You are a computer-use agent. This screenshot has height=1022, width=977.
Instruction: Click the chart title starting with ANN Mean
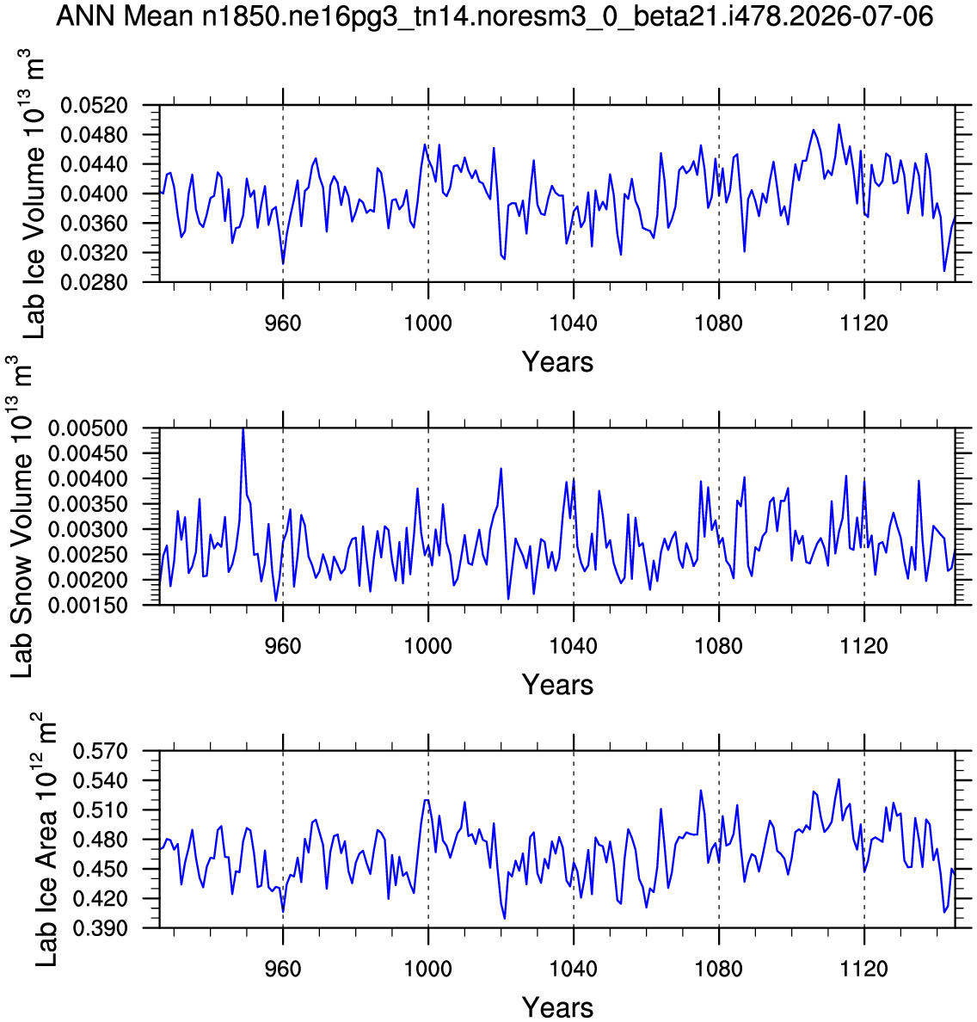tap(495, 16)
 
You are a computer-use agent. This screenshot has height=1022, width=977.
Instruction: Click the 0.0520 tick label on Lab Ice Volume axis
tap(94, 106)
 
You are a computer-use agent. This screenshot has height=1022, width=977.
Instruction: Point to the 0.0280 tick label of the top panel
tap(94, 282)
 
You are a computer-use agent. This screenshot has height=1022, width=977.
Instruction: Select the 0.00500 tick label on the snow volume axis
tap(88, 429)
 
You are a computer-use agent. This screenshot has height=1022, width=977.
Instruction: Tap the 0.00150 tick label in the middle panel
tap(88, 606)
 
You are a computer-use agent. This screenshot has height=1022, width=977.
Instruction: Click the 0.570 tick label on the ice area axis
tap(100, 752)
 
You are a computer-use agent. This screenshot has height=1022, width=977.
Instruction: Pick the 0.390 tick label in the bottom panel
tap(100, 928)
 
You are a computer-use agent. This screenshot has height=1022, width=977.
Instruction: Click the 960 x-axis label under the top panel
tap(283, 323)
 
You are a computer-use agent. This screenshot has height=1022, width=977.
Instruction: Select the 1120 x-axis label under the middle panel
tap(864, 647)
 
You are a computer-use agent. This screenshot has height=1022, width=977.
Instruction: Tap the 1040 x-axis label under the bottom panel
tap(574, 970)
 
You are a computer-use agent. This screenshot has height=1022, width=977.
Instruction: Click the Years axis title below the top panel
tap(558, 362)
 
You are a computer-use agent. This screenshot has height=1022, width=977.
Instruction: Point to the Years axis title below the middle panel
tap(558, 685)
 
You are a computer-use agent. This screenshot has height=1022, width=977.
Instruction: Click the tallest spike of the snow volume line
tap(243, 429)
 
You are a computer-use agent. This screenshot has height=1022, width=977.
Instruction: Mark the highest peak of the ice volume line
tap(839, 125)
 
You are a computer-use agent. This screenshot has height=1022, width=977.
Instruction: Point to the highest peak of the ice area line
tap(839, 779)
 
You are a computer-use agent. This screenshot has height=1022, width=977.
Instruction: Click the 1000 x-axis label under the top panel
tap(428, 323)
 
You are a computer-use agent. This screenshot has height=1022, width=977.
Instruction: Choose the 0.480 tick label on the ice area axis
tap(100, 840)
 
